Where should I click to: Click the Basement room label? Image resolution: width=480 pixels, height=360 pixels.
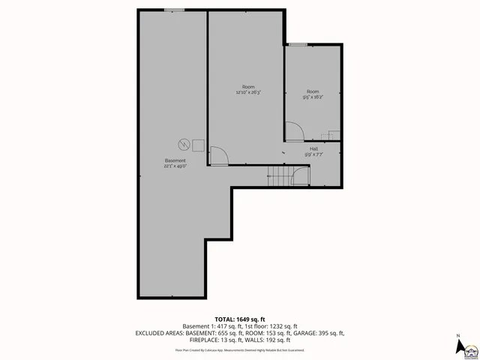[175, 161]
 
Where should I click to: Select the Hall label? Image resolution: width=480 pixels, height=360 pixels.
[313, 149]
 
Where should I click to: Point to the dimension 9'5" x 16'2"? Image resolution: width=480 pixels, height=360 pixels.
[313, 97]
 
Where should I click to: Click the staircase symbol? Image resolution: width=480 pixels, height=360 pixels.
[280, 176]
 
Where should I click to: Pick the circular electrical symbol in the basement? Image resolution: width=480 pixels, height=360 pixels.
[183, 143]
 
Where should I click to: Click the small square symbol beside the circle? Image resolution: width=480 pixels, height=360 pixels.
[199, 144]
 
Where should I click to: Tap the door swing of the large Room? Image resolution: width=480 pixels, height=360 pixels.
[218, 156]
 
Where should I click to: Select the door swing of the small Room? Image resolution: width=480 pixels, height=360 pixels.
[294, 132]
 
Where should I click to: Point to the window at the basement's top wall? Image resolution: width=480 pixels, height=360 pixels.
[175, 10]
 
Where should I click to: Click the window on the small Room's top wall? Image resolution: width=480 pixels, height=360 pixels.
[298, 45]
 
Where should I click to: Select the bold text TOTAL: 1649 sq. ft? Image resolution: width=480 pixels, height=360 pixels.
[239, 319]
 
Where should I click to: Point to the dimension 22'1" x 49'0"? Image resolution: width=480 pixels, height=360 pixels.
[175, 166]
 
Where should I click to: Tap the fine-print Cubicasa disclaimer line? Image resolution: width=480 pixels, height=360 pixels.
[239, 349]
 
